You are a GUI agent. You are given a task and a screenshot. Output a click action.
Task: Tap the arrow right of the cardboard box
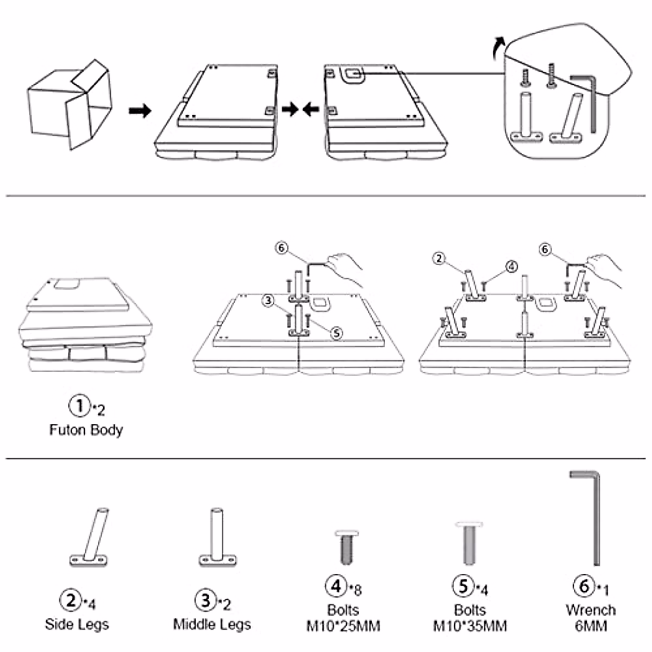click(x=140, y=111)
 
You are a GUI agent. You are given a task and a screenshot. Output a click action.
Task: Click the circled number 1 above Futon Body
click(x=79, y=405)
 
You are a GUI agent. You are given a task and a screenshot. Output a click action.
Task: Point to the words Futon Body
click(x=86, y=430)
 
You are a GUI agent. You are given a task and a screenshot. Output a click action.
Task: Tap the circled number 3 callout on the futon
click(x=268, y=300)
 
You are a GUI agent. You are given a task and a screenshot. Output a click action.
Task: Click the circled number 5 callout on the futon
click(x=337, y=333)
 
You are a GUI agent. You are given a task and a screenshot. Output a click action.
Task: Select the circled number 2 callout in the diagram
click(x=440, y=259)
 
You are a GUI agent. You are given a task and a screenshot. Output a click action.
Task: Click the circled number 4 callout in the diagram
click(x=511, y=266)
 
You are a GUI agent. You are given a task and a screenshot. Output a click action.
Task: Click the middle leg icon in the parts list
click(x=217, y=537)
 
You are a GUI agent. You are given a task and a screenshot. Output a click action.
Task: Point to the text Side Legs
click(x=77, y=624)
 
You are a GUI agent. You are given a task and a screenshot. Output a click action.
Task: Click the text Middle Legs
click(x=212, y=624)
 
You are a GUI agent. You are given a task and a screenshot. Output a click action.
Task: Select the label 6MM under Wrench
click(x=591, y=626)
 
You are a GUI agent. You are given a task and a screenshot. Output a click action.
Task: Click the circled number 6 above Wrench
click(x=584, y=586)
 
